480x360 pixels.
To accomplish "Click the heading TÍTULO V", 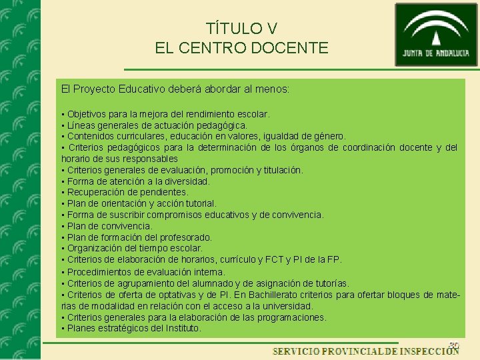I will [241, 29].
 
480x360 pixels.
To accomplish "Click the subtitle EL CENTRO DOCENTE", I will [241, 48].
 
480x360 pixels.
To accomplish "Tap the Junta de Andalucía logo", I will [436, 35].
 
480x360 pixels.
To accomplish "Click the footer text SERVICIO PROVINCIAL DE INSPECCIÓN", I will [365, 351].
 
